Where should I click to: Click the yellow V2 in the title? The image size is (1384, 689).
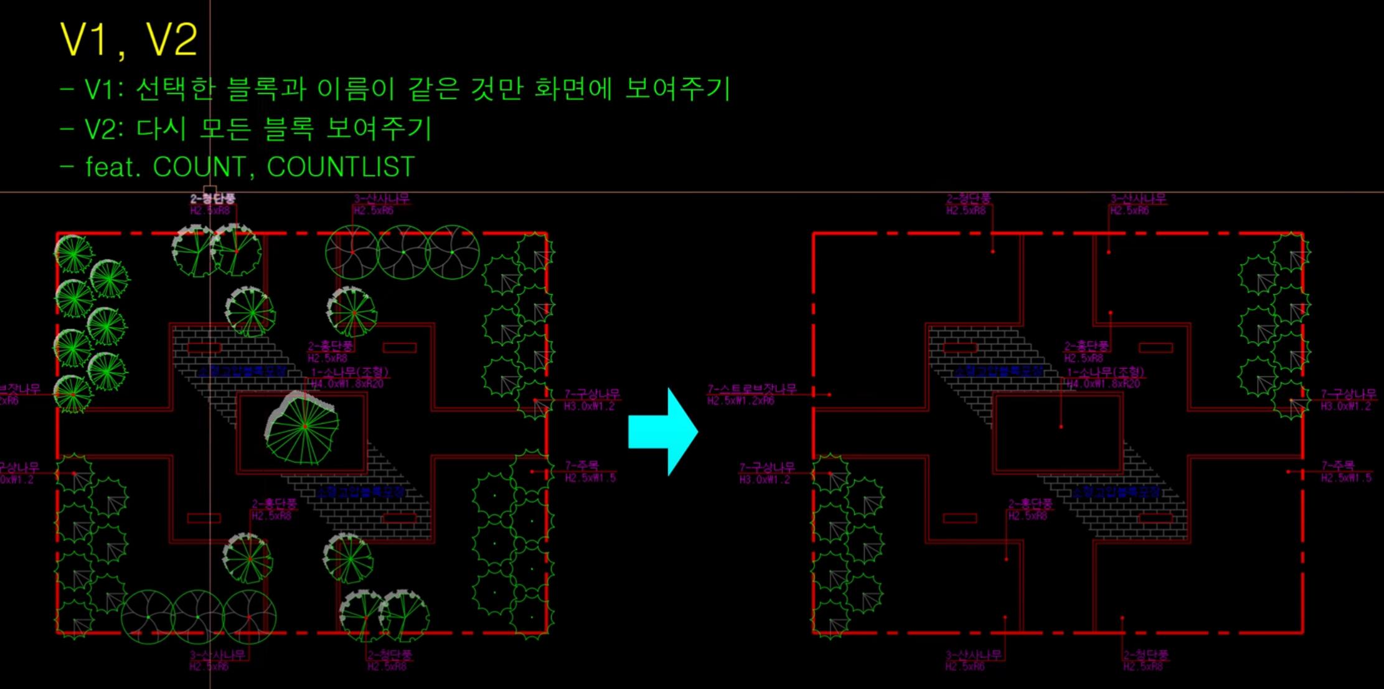click(172, 40)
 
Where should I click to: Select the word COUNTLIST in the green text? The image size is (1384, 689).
click(341, 167)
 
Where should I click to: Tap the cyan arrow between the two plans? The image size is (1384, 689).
click(662, 431)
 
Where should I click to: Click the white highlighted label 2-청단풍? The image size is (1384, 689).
click(213, 199)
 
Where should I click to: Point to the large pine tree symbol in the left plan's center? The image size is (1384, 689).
click(303, 427)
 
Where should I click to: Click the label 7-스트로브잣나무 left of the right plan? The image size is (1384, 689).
click(751, 389)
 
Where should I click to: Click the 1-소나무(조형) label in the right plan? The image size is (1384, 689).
click(1105, 373)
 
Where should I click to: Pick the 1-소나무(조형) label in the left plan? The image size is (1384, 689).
click(349, 373)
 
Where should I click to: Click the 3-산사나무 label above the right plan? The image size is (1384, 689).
click(1138, 199)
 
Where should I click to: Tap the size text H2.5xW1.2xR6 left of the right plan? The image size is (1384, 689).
click(741, 401)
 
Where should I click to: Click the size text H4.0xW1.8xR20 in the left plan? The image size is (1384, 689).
click(347, 384)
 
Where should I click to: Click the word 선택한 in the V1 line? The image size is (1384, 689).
click(175, 89)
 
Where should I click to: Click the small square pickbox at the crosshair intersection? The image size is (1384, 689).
click(210, 192)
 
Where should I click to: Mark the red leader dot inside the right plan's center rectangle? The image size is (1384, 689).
click(1061, 427)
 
